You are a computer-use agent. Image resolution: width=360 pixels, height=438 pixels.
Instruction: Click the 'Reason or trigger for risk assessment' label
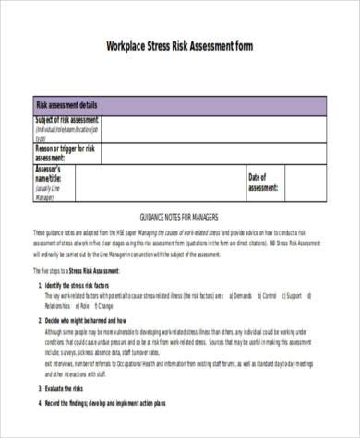point(67,152)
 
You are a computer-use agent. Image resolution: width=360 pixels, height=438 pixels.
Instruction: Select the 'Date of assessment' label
point(266,182)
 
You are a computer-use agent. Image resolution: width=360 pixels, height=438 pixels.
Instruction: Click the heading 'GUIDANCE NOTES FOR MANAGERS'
point(180,218)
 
